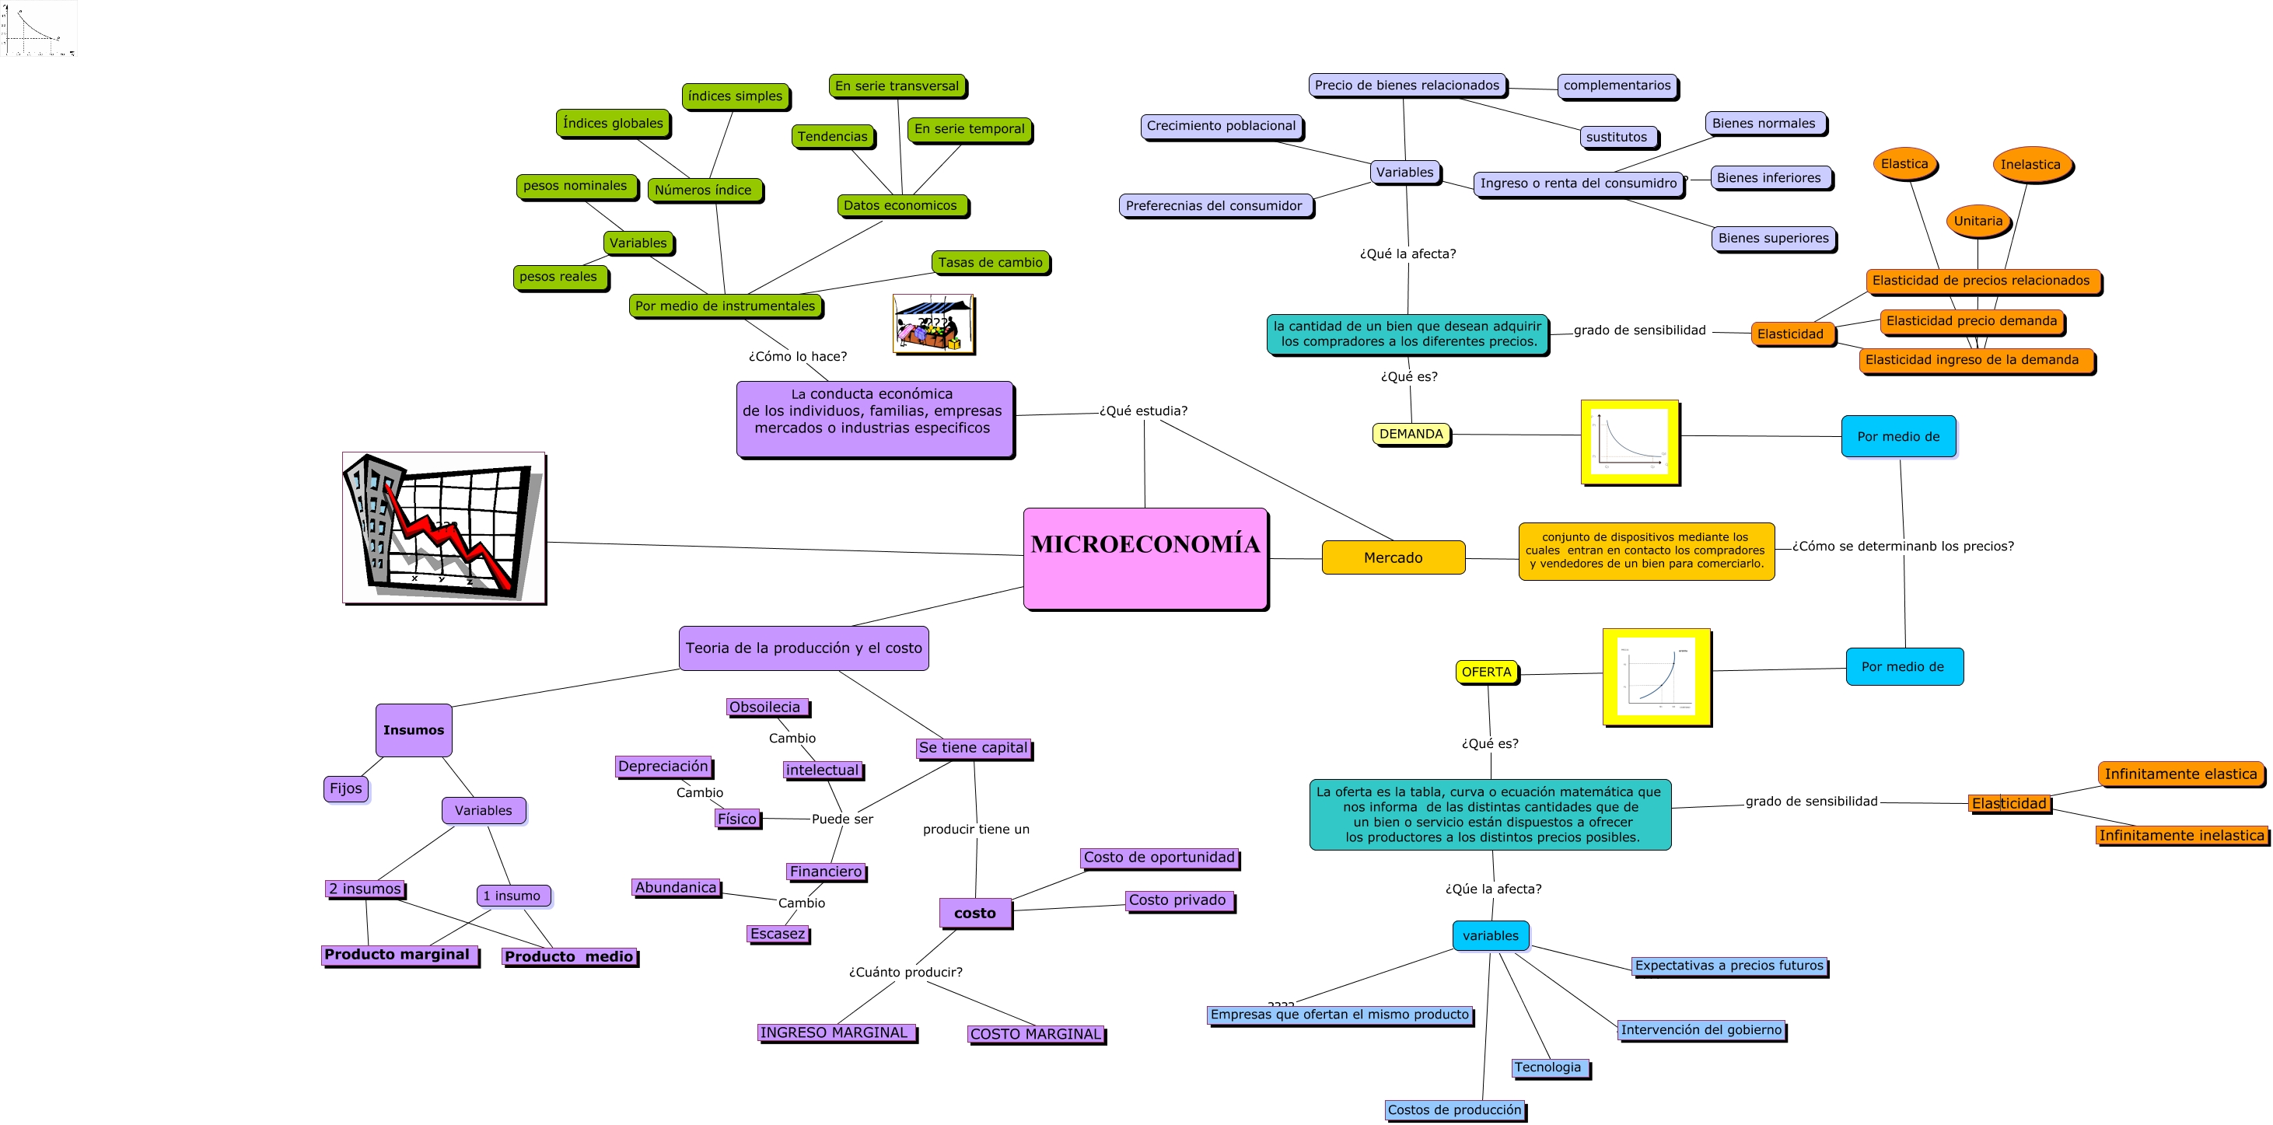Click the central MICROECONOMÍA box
click(1145, 557)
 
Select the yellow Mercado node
click(1393, 557)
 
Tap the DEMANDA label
click(1410, 434)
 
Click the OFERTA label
click(1486, 673)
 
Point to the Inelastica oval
click(2030, 164)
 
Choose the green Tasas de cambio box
click(989, 262)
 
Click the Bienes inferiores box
click(1768, 177)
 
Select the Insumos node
click(413, 730)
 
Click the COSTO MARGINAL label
click(1035, 1034)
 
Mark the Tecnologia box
click(1547, 1067)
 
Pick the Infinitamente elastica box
click(2180, 774)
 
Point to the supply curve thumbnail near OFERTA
click(1656, 676)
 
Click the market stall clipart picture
click(932, 324)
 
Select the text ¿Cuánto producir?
click(905, 973)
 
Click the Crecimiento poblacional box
click(1220, 126)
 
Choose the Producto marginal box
click(398, 955)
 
